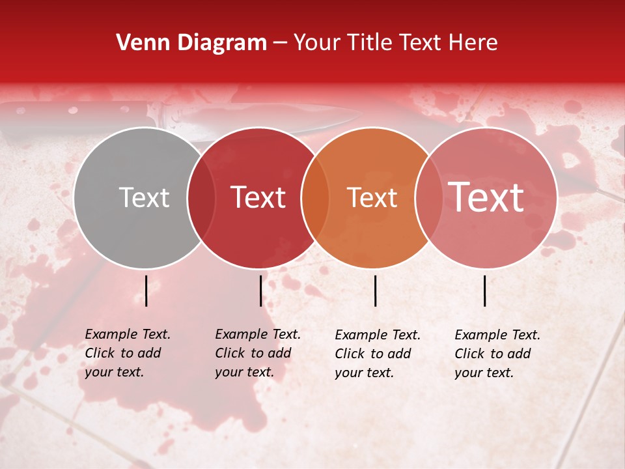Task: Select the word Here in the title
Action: tap(473, 43)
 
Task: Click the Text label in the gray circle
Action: tap(144, 197)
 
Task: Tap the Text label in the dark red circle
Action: tap(258, 197)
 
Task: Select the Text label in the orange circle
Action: tap(372, 197)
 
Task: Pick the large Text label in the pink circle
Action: tap(486, 197)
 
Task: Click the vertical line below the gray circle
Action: tap(146, 291)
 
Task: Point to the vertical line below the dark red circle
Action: tap(260, 291)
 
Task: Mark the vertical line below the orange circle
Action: tap(375, 291)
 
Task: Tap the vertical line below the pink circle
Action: tap(485, 291)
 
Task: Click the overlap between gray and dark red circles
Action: tap(201, 198)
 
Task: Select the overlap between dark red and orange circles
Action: tap(314, 198)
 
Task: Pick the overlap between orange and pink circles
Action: tap(428, 198)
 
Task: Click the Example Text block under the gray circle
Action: tap(128, 353)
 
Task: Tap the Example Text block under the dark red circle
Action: tap(258, 353)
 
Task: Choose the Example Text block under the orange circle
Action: tap(378, 354)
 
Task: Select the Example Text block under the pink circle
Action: tap(497, 354)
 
